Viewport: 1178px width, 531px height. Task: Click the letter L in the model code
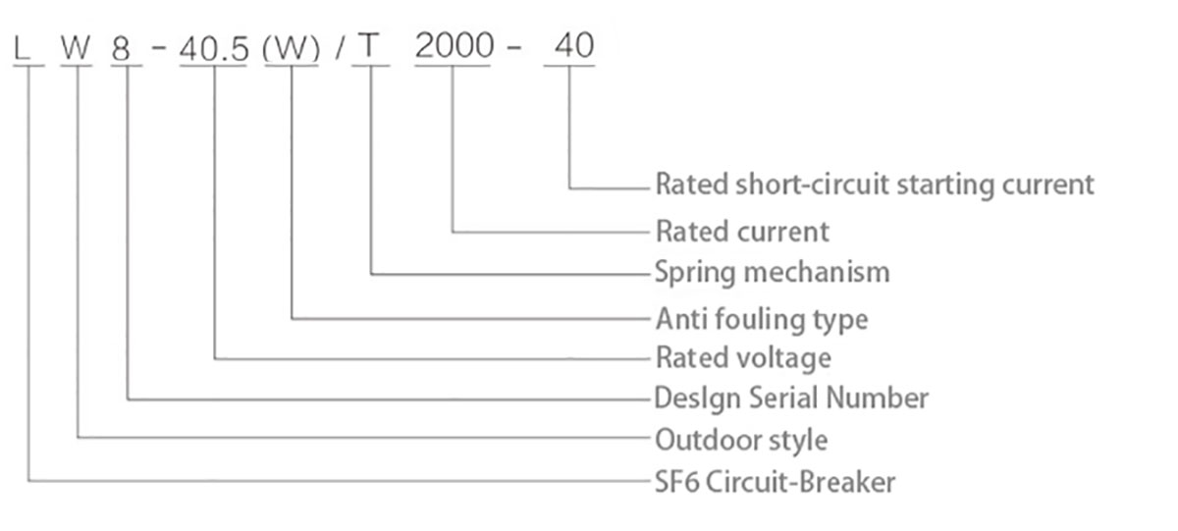tap(22, 48)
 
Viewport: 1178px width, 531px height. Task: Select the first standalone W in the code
tap(77, 47)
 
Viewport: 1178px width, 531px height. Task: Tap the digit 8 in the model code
tap(122, 49)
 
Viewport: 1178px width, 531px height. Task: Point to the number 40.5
tap(214, 50)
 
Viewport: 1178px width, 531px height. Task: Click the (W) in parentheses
tap(292, 50)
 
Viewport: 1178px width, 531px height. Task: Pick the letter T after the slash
tap(369, 45)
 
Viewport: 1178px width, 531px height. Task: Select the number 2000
tap(455, 45)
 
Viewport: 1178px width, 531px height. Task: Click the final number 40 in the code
tap(574, 45)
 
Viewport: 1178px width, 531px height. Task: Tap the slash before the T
tap(341, 48)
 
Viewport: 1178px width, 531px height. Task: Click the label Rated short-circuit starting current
tap(875, 186)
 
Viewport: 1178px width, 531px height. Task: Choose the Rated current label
tap(742, 232)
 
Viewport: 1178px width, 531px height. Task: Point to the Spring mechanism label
tap(772, 273)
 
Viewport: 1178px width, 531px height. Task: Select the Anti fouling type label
tap(762, 320)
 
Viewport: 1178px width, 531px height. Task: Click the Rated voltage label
tap(743, 358)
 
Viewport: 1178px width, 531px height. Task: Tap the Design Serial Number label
tap(791, 398)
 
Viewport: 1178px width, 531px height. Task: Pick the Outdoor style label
tap(741, 440)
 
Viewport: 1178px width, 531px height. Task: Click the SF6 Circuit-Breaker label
tap(775, 482)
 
